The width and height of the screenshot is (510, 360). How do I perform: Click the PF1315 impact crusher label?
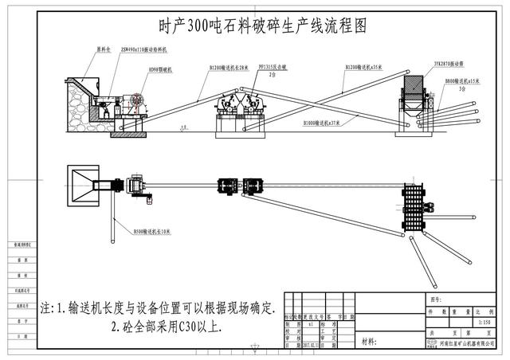[x=274, y=69]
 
